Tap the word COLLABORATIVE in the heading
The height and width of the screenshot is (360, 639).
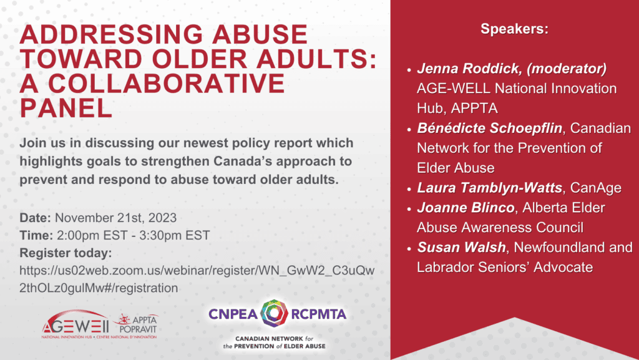[166, 84]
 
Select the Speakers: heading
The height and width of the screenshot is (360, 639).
[514, 29]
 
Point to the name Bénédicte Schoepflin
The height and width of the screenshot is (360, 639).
[489, 129]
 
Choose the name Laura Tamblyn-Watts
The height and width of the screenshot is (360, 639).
[489, 188]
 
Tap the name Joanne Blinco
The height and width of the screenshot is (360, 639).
[466, 208]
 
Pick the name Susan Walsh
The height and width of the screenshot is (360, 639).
[461, 247]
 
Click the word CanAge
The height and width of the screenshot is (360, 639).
[596, 188]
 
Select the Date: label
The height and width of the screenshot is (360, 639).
[35, 218]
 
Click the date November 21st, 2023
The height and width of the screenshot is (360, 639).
[115, 218]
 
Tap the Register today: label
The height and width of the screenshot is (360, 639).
[66, 253]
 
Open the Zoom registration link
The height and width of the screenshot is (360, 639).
[197, 279]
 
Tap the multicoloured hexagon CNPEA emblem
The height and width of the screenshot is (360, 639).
[275, 314]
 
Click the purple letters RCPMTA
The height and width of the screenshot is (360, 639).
[319, 314]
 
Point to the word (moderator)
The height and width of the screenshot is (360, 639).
[567, 69]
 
